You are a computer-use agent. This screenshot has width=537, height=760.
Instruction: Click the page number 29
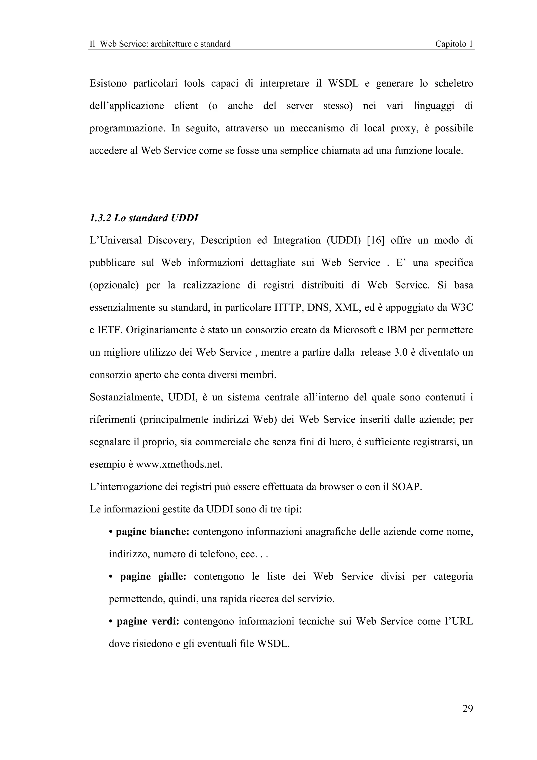(468, 708)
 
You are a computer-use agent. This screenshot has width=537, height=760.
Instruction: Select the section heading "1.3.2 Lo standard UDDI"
(144, 218)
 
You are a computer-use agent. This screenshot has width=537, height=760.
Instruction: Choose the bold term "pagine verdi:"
(148, 621)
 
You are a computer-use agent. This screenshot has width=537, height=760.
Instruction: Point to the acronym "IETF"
(109, 330)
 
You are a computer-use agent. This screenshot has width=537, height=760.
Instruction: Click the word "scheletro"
(453, 83)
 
